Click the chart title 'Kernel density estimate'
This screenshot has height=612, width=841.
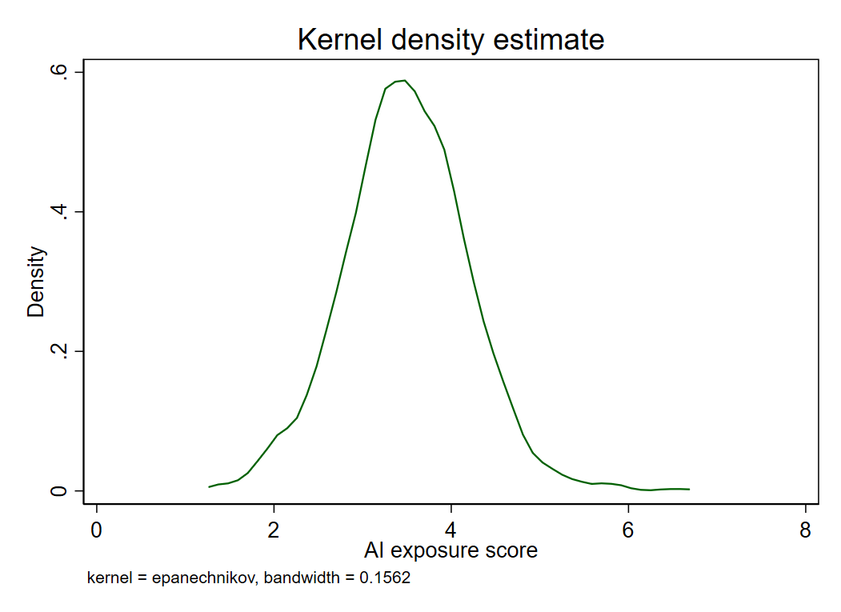coord(451,39)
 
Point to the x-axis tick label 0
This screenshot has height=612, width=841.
coord(97,530)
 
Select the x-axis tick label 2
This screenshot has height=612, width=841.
coord(274,530)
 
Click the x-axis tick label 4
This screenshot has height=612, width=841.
coord(451,530)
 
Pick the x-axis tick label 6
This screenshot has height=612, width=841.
coord(628,530)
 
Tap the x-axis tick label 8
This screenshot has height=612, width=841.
coord(805,530)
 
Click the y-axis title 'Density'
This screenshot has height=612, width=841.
coord(37,282)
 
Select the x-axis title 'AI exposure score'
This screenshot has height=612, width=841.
coord(451,551)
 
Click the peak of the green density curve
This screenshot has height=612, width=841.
coord(405,81)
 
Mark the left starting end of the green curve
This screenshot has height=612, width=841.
coord(209,486)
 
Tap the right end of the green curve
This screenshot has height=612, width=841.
coord(689,489)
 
